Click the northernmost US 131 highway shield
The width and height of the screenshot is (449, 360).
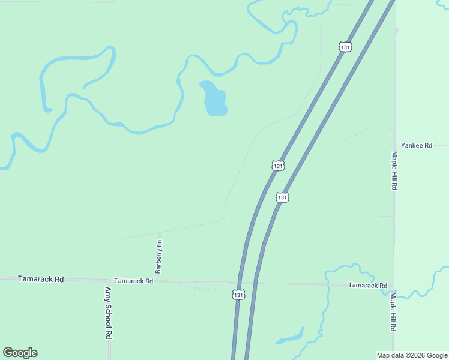pos(345,47)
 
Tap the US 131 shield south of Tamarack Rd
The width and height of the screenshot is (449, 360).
pos(238,295)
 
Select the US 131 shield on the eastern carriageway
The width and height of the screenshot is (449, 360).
pos(283,197)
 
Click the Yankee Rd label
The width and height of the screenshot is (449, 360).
pos(417,145)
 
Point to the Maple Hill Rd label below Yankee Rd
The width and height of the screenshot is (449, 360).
pos(394,170)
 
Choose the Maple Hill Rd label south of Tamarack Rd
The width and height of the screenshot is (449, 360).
pos(394,312)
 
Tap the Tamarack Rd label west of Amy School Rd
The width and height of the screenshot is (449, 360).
pos(41,279)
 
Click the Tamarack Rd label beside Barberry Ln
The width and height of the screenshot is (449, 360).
pos(133,280)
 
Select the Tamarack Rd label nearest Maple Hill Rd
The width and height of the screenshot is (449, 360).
pos(367,286)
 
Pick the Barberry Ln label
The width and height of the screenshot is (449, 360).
pos(160,255)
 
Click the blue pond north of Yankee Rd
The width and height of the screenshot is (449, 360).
pos(214,100)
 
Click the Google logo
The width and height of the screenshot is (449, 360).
pos(20,353)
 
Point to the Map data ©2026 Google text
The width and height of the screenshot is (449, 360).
pos(412,355)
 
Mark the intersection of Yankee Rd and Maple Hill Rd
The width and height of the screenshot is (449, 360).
pos(394,145)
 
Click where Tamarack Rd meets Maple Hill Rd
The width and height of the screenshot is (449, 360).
pos(394,285)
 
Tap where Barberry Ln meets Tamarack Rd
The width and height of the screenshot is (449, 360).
pos(160,281)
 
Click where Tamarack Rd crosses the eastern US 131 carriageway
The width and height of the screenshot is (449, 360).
pos(256,283)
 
